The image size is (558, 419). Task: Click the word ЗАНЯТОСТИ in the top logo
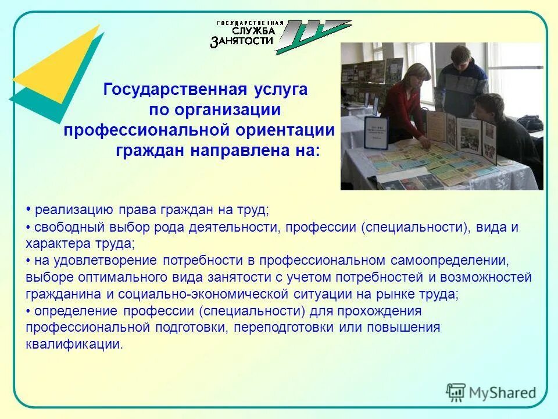242,41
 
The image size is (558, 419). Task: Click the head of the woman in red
420,75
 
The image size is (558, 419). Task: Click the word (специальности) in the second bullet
417,227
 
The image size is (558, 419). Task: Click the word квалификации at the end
74,344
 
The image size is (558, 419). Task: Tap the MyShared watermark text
502,392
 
